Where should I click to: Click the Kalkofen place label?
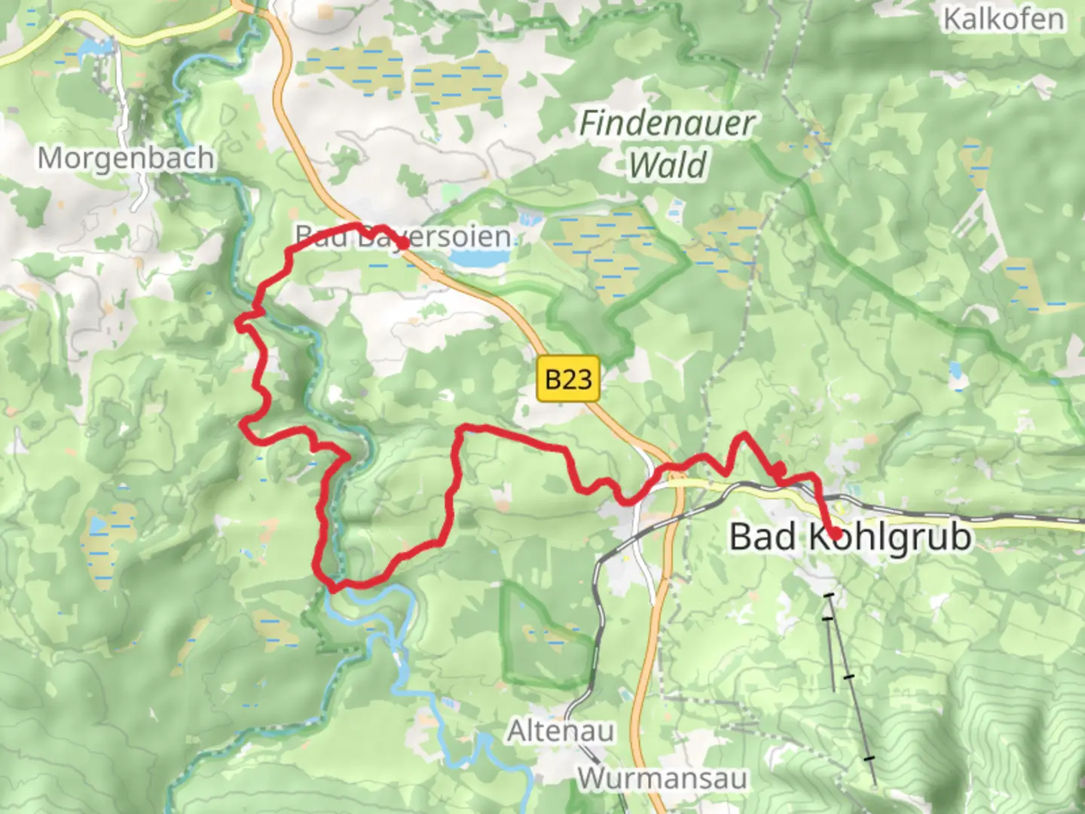(1004, 19)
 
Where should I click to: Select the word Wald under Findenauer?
(668, 165)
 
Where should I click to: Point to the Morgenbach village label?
(126, 158)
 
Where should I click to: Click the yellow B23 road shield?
(568, 378)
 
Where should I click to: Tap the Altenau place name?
(561, 731)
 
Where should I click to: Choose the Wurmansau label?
(662, 778)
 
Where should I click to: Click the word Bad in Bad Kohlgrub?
(763, 537)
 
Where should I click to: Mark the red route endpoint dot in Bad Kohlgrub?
(836, 534)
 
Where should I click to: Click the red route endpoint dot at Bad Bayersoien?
(403, 243)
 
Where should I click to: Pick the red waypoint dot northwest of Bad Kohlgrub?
(779, 470)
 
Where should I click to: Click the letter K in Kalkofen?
(952, 19)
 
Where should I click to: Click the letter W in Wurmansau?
(592, 778)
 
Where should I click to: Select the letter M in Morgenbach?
(50, 158)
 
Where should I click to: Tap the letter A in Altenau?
(517, 731)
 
